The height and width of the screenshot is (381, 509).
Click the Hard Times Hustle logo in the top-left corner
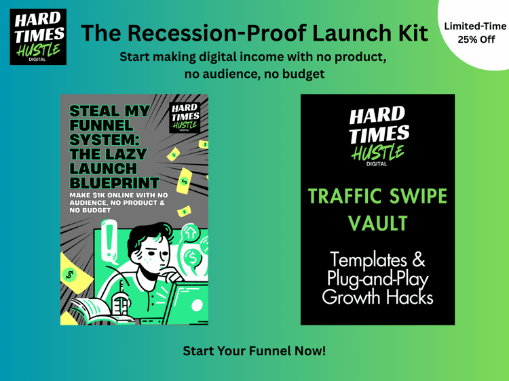[38, 37]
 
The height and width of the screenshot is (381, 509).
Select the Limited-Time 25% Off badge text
[476, 33]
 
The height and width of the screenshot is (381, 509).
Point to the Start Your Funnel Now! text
[254, 351]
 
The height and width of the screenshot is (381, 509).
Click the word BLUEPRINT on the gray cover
[115, 183]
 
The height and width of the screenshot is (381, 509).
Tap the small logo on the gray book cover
[185, 118]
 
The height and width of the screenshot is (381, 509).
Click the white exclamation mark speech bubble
[109, 241]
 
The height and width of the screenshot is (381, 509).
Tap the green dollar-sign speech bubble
[192, 258]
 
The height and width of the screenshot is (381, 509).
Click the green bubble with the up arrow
[190, 232]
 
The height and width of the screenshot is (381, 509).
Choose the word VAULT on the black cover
[377, 223]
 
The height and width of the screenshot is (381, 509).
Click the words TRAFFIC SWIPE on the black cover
[377, 196]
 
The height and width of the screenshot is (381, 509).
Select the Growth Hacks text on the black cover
[377, 297]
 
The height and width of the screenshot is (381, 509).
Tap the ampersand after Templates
[419, 260]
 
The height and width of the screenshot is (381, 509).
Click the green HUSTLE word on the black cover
[377, 153]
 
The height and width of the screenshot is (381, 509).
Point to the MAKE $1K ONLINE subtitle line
[119, 195]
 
